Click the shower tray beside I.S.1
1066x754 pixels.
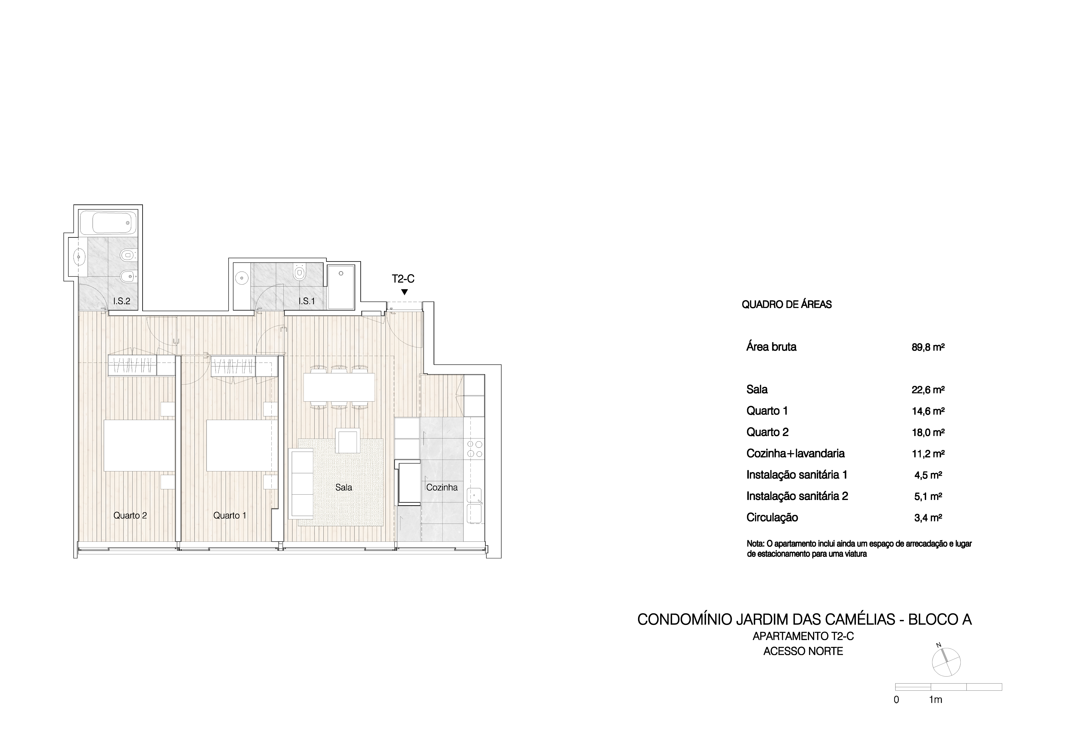(341, 287)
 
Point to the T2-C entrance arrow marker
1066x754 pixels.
(404, 292)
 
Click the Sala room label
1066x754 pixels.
(344, 487)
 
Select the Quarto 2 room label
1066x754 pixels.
(130, 515)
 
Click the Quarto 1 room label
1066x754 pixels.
(230, 515)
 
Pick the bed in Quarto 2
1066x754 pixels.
(139, 446)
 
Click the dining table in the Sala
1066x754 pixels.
(339, 387)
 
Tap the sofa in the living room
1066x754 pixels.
(301, 483)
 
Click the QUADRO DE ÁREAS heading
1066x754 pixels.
(786, 305)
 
